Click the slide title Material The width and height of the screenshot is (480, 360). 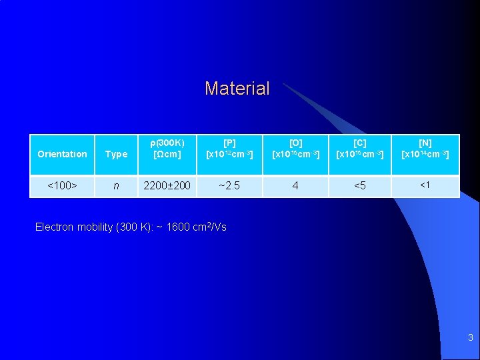[x=237, y=89]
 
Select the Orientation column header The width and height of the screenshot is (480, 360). [x=62, y=154]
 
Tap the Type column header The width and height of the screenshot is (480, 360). [x=116, y=154]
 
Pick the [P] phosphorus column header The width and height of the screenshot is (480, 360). [x=229, y=148]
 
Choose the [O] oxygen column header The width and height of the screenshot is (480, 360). [x=295, y=148]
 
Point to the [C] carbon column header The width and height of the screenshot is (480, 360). [x=360, y=148]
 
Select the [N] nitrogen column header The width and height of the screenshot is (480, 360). [x=425, y=148]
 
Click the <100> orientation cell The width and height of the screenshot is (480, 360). [x=62, y=186]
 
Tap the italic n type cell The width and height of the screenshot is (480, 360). [x=116, y=186]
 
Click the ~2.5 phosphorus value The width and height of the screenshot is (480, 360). [x=229, y=186]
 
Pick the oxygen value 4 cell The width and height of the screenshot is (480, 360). [x=295, y=186]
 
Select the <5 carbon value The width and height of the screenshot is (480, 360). [x=360, y=186]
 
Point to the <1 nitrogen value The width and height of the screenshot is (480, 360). [x=425, y=185]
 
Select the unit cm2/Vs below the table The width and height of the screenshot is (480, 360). [x=210, y=227]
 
